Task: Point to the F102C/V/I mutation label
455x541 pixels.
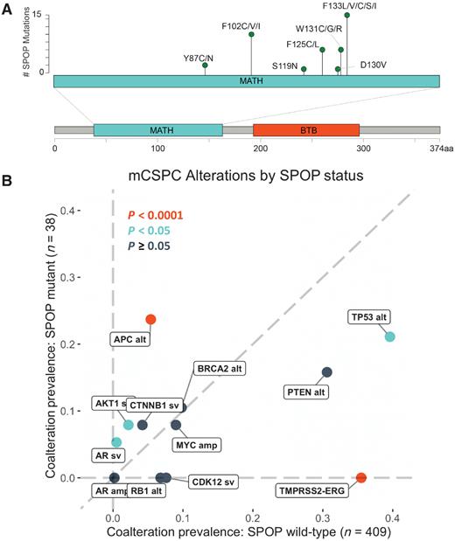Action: tap(247, 26)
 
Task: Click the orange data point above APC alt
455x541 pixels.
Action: tap(150, 319)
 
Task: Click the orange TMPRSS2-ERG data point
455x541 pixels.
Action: tap(361, 477)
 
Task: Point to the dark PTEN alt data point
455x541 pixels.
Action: tap(327, 372)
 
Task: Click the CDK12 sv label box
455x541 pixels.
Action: tap(213, 482)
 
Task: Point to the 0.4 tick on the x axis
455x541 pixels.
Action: tap(391, 519)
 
